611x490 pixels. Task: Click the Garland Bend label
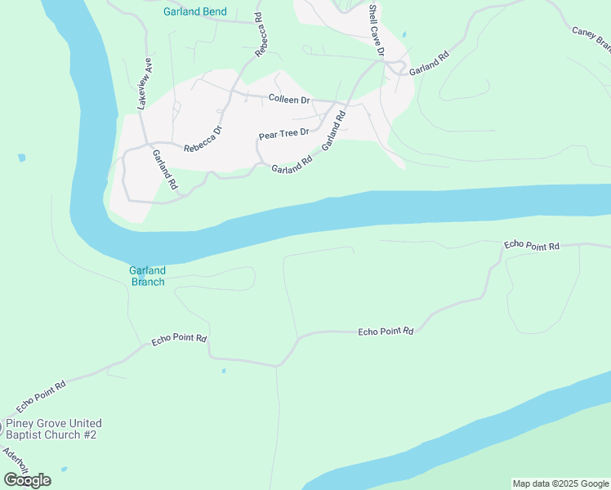(x=195, y=12)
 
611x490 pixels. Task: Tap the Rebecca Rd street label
(x=261, y=33)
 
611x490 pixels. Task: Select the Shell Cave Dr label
(x=376, y=29)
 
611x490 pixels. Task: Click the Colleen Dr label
(x=289, y=100)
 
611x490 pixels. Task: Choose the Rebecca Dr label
(x=203, y=140)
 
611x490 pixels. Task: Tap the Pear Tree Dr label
(x=283, y=133)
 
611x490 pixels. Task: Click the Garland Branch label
(x=147, y=276)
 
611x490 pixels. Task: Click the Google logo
(x=27, y=479)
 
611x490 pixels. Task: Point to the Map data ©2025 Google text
(x=560, y=483)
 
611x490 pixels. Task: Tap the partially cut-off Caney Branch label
(x=591, y=36)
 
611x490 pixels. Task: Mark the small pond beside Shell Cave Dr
(x=403, y=35)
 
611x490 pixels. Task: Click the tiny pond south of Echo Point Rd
(x=223, y=371)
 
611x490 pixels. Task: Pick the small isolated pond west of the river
(x=21, y=158)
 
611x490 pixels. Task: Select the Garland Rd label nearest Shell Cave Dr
(x=430, y=65)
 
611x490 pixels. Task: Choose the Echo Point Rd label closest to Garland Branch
(x=179, y=339)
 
